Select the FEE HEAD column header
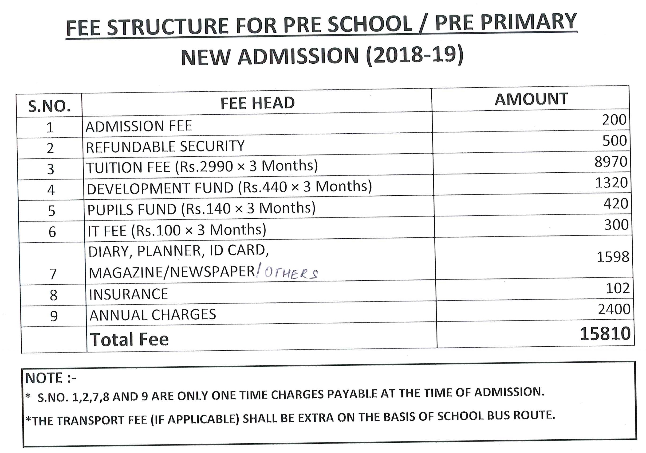click(257, 103)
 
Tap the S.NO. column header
click(49, 106)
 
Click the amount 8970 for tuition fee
click(611, 162)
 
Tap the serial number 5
click(51, 211)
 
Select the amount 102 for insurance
click(617, 288)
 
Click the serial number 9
click(54, 316)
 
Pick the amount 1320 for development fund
click(611, 183)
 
